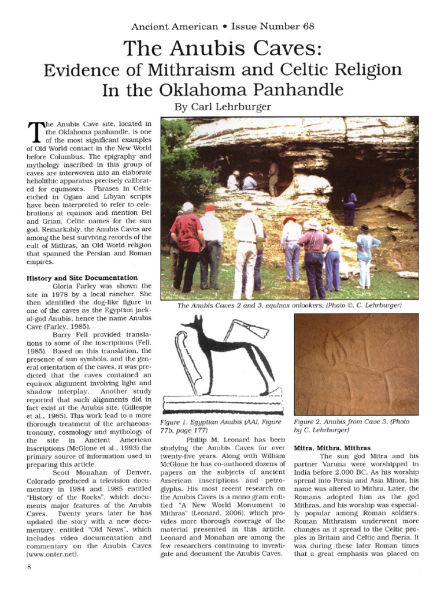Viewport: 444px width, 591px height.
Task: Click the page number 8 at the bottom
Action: pos(28,566)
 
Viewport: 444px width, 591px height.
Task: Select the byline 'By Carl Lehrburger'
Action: pos(222,107)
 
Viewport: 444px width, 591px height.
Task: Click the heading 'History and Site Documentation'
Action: pos(82,278)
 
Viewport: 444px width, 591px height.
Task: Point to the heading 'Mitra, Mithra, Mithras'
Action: pos(332,447)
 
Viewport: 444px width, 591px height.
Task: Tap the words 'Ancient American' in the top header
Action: pos(175,26)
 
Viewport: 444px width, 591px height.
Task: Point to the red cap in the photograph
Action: pos(210,208)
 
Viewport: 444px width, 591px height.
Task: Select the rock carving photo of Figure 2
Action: pos(356,364)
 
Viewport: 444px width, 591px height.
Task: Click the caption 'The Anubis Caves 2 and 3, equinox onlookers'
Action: pos(289,305)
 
